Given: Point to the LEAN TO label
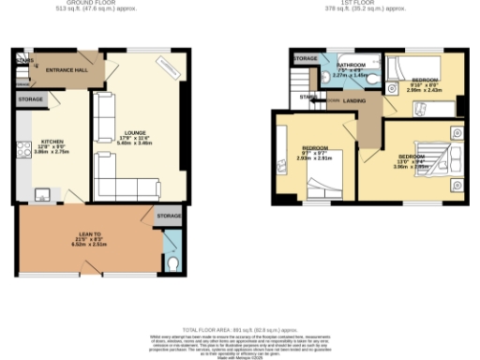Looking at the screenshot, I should point(90,237).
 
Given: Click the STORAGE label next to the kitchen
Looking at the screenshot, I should point(31,98).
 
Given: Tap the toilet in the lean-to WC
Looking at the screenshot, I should point(176,266).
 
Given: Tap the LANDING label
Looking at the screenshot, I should point(355,101).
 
